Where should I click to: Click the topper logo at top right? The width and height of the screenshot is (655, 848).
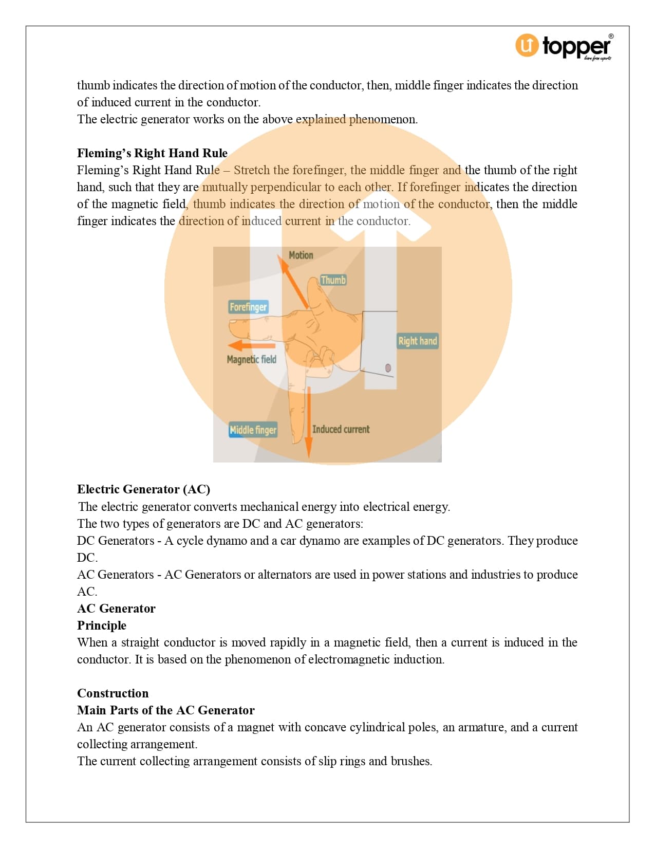pos(564,46)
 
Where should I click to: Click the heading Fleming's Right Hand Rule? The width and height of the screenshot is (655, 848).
pos(152,153)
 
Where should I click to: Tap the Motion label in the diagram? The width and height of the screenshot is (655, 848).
pos(301,255)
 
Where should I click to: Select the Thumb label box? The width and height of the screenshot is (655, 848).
pos(333,280)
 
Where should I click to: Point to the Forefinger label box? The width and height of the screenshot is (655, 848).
pos(248,307)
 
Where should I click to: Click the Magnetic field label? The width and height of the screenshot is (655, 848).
pos(252,359)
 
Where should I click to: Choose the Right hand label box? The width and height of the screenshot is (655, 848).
pos(417,341)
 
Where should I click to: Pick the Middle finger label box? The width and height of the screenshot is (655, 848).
pos(253,430)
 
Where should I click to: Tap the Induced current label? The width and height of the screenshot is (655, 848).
pos(341,429)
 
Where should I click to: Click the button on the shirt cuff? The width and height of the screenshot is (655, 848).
pos(388,368)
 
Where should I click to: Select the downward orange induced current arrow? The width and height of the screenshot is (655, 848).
pos(309,421)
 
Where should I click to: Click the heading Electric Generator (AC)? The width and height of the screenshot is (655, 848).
pos(143,489)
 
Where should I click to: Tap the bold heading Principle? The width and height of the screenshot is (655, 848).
pos(102,625)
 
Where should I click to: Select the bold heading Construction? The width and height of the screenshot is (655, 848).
pos(113,693)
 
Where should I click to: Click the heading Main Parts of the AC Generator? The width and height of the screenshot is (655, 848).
pos(165,710)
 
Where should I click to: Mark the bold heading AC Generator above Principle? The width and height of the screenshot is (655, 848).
pos(116,609)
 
